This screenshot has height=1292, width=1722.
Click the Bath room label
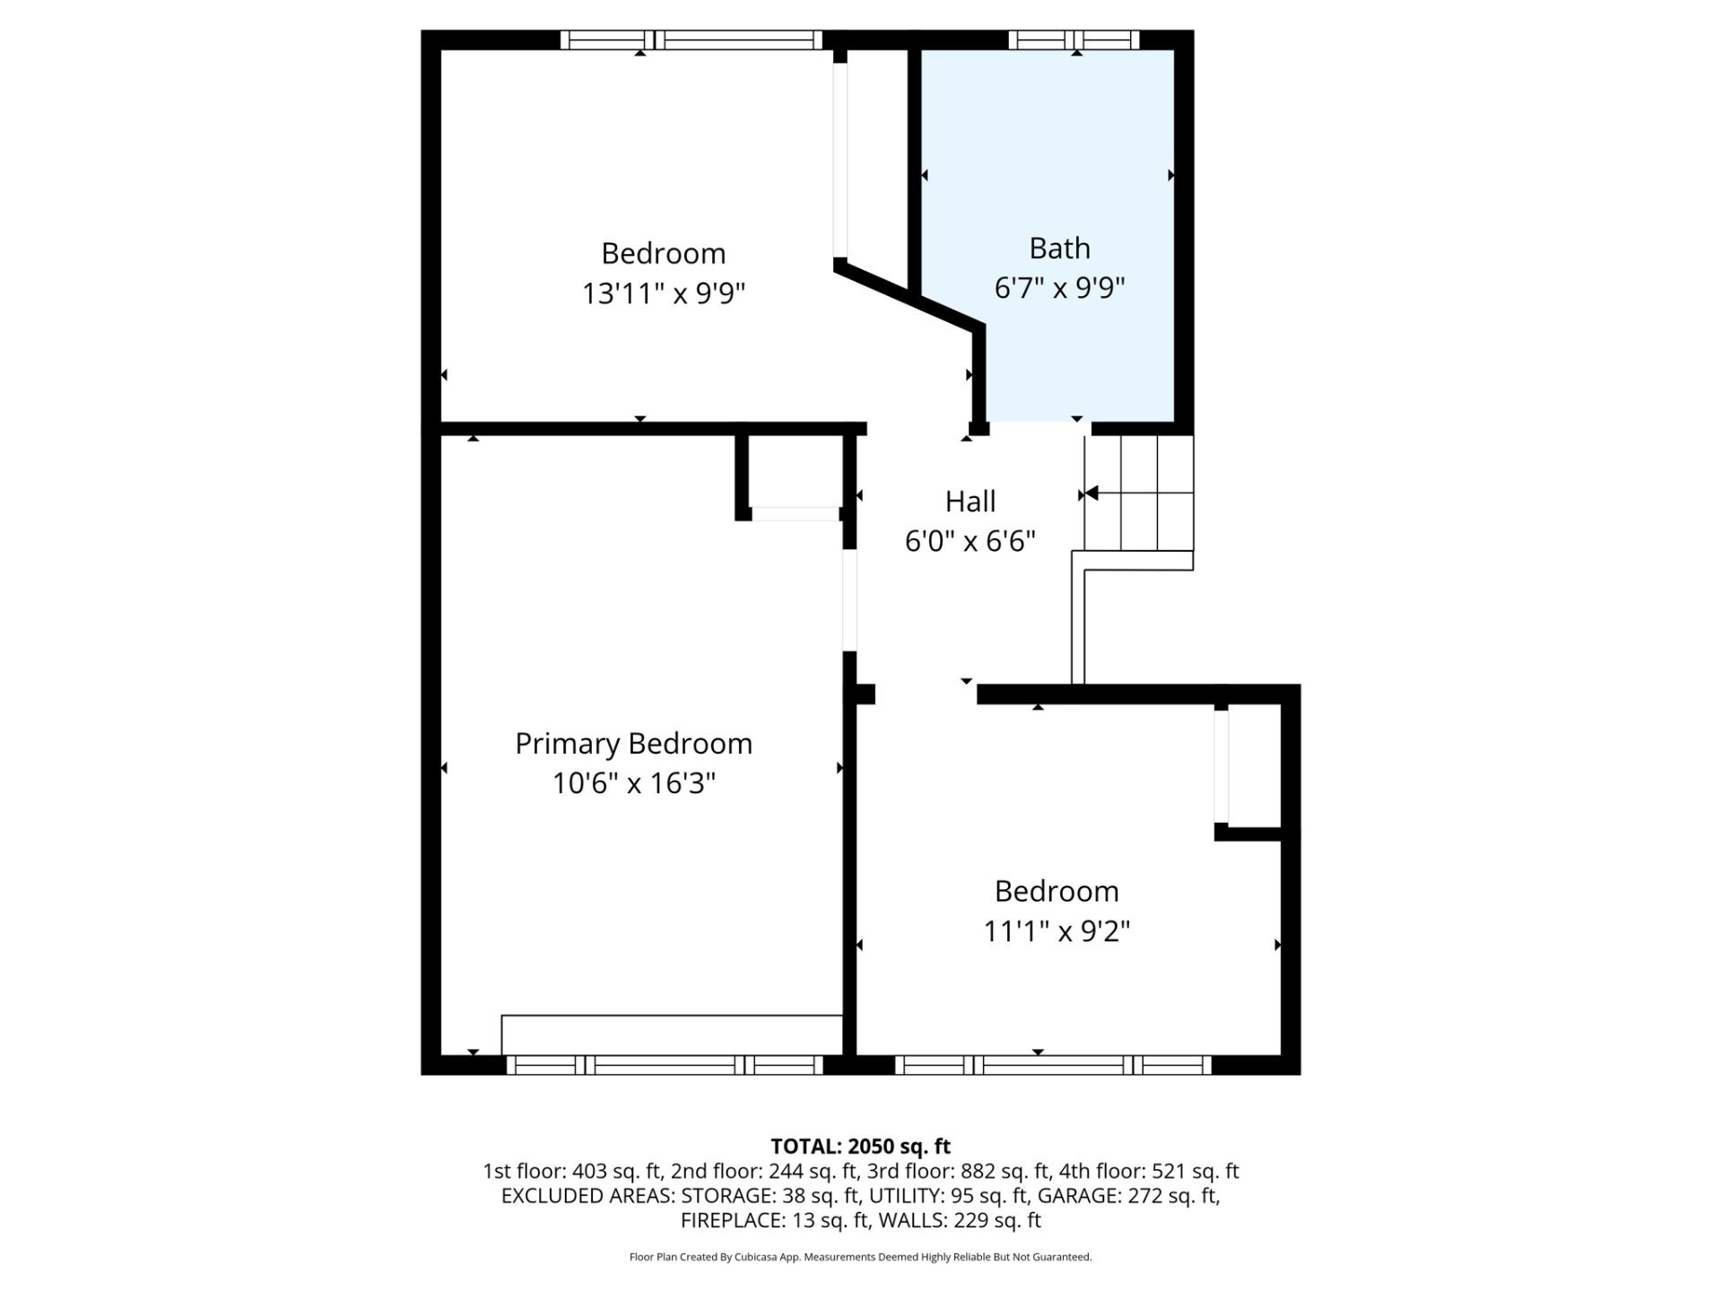[1059, 248]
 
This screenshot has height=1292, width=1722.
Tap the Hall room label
[970, 501]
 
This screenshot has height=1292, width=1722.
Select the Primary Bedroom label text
[633, 744]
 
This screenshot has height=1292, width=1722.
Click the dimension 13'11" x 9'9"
[664, 293]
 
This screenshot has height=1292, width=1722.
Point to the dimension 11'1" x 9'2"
[1057, 931]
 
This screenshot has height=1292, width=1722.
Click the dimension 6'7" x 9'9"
[1059, 288]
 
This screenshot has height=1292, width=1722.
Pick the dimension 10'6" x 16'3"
[633, 783]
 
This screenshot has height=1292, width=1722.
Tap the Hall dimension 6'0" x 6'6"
[970, 541]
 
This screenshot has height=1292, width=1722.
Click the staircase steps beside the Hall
[1139, 493]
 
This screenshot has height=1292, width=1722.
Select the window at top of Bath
[1074, 39]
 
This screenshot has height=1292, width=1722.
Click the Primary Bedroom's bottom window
[665, 1065]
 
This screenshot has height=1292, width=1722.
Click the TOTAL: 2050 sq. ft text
[860, 1146]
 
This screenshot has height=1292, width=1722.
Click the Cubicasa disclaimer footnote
[860, 1257]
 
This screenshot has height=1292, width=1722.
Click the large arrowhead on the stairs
[1091, 493]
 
